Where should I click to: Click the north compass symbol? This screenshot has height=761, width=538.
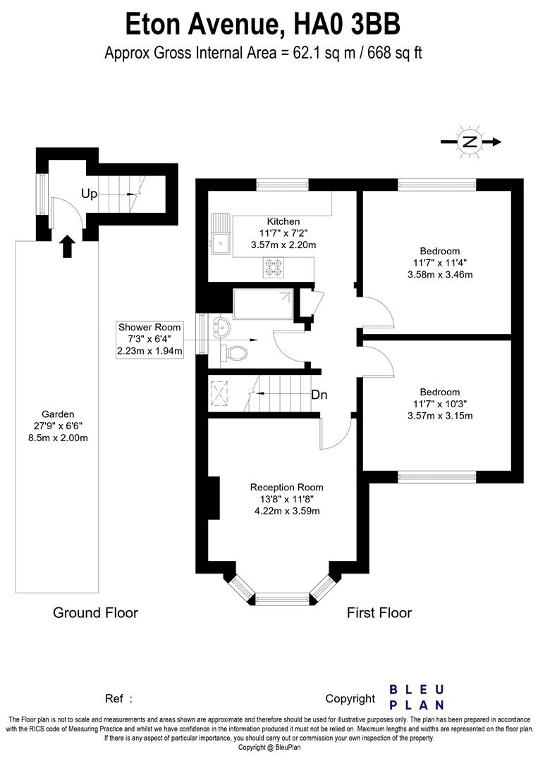click(x=469, y=142)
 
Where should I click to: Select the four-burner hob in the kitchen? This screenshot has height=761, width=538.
click(x=273, y=266)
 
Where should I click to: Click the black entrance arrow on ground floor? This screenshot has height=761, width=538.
click(x=68, y=246)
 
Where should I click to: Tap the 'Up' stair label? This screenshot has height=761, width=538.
click(x=89, y=194)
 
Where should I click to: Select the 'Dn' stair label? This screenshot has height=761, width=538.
click(x=319, y=395)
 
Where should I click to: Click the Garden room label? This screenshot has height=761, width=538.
click(x=58, y=414)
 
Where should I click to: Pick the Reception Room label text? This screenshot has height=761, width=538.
click(x=287, y=487)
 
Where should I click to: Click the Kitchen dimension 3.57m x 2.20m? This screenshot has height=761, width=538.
click(x=283, y=245)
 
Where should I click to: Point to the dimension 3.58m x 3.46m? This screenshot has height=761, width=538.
click(x=440, y=275)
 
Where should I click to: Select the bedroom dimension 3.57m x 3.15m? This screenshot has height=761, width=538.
click(x=440, y=416)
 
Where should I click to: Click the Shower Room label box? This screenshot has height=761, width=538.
click(x=150, y=339)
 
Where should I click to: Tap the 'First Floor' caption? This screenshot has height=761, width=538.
click(x=379, y=613)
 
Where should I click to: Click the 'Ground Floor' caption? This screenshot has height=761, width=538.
click(x=95, y=613)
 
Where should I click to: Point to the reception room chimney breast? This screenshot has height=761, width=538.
click(x=214, y=500)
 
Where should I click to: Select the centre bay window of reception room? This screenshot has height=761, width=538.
click(x=282, y=599)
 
